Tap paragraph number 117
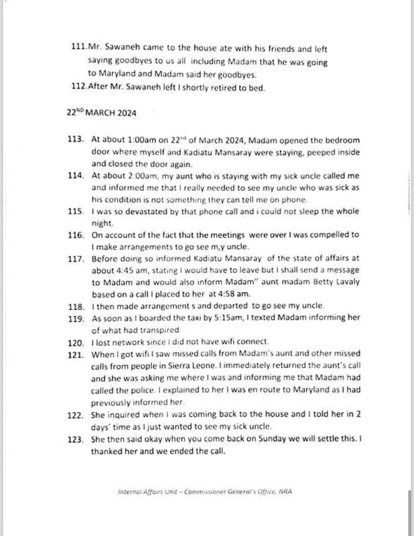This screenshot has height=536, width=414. (76, 258)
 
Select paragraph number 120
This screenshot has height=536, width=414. (76, 343)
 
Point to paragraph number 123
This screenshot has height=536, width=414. (76, 439)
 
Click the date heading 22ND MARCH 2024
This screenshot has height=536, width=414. (101, 113)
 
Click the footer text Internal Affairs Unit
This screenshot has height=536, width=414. (147, 492)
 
